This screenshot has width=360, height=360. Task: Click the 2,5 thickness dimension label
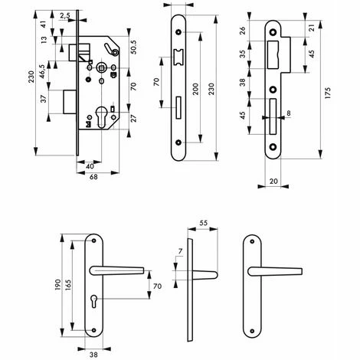(x=65, y=16)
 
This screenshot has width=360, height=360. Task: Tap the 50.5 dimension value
(x=133, y=47)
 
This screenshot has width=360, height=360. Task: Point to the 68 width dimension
(x=93, y=177)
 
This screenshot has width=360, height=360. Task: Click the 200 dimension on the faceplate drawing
(x=195, y=89)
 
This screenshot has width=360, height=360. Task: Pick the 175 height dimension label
(x=328, y=93)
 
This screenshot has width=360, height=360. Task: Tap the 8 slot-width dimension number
(x=289, y=113)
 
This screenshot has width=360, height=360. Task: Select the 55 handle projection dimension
(x=203, y=223)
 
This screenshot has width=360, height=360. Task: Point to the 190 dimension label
(x=58, y=285)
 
